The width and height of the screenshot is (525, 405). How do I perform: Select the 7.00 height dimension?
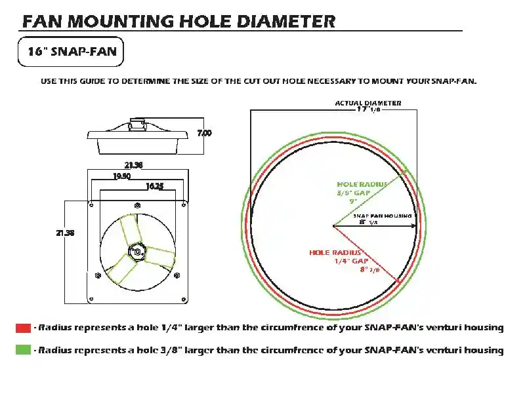click(205, 133)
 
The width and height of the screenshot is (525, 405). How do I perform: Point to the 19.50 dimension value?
click(121, 176)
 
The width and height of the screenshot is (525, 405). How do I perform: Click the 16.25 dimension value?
click(154, 186)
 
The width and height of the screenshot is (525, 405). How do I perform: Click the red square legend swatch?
click(23, 327)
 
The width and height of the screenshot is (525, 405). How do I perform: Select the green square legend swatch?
click(23, 350)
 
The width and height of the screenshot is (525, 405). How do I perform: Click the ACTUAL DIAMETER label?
click(368, 103)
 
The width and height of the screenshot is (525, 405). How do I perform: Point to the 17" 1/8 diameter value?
click(368, 110)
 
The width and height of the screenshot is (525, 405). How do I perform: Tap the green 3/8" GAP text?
click(354, 193)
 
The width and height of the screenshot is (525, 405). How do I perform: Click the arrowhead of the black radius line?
click(413, 226)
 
